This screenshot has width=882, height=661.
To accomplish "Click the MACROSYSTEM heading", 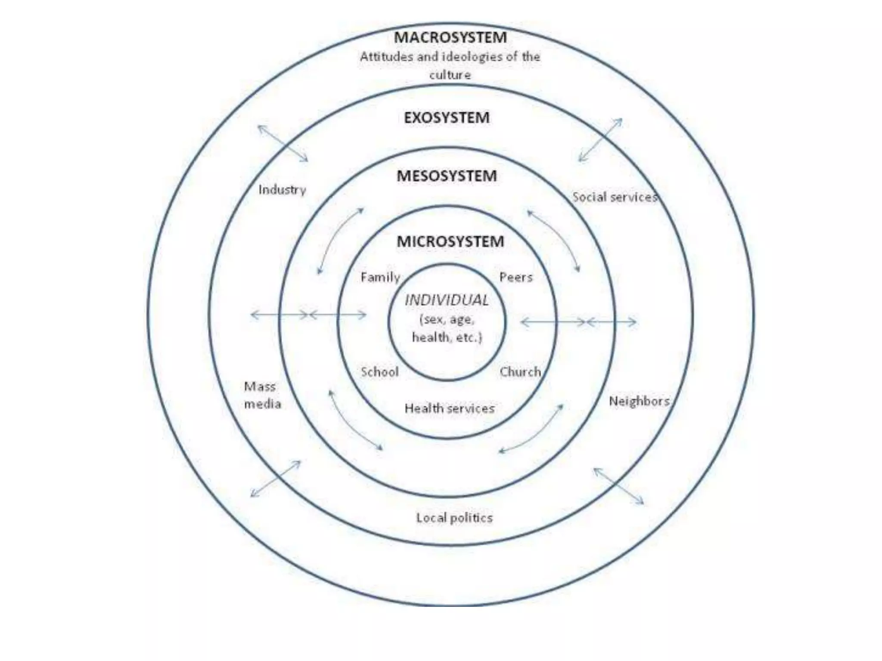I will (x=450, y=37).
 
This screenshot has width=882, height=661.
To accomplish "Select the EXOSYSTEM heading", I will (x=447, y=117).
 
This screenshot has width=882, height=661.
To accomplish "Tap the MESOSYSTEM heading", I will (x=447, y=176).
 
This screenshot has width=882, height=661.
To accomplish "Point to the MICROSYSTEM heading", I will (x=450, y=241).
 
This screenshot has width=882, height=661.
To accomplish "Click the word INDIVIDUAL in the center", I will (x=447, y=300).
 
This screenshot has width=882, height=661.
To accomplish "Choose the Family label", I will (x=380, y=278).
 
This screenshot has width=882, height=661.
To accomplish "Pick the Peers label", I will (x=516, y=278).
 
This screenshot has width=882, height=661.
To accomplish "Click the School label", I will (x=380, y=372).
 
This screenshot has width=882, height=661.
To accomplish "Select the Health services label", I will (x=450, y=408).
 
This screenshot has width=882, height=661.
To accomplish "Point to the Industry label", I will (x=282, y=190).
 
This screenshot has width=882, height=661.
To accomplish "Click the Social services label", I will (x=615, y=197).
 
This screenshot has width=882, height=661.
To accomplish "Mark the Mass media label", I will (x=262, y=395).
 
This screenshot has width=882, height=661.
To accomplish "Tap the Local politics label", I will (x=454, y=518).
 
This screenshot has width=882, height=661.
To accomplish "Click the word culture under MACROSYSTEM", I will (x=450, y=75).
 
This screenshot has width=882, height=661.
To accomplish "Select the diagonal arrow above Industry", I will (x=283, y=143).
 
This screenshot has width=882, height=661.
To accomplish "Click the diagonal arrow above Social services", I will (x=600, y=140).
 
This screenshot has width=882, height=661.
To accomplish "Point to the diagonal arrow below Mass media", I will (x=276, y=479).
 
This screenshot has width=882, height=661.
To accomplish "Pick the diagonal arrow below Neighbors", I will (x=618, y=486).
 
